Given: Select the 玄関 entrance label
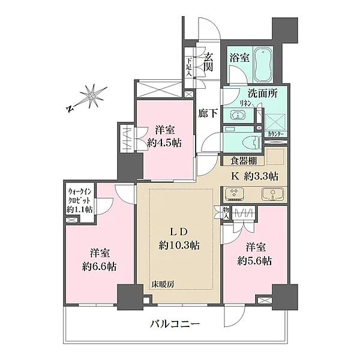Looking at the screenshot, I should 208,62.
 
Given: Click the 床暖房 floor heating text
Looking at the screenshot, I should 161,284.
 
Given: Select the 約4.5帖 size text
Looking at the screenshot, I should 163,142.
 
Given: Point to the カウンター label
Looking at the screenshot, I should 276,133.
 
